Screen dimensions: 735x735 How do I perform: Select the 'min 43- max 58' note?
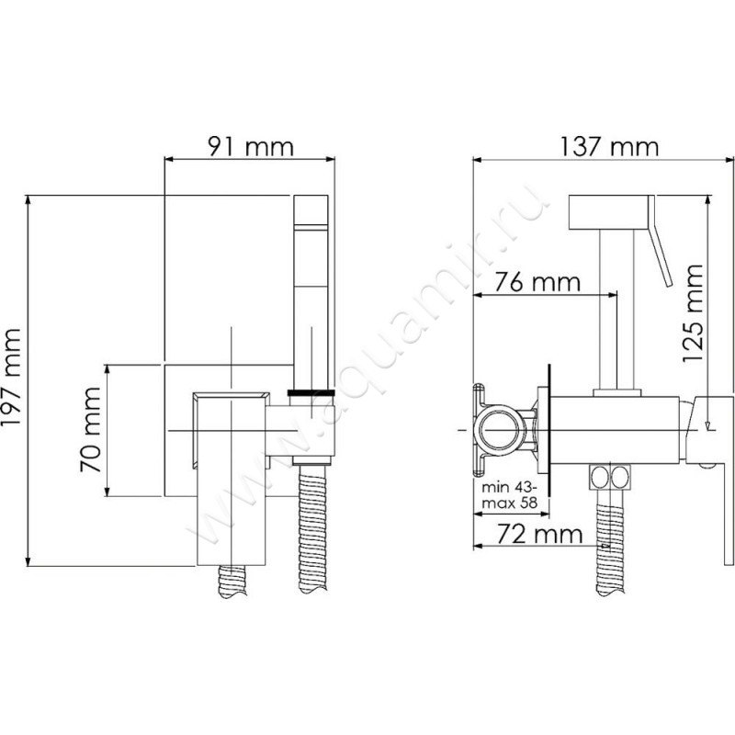[x=508, y=497]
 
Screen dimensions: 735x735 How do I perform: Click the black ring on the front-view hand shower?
[x=311, y=392]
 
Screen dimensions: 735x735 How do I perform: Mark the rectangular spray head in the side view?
[x=609, y=212]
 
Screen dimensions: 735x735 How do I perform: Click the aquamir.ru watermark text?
[x=367, y=367]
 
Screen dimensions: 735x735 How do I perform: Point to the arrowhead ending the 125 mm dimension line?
[x=707, y=424]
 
